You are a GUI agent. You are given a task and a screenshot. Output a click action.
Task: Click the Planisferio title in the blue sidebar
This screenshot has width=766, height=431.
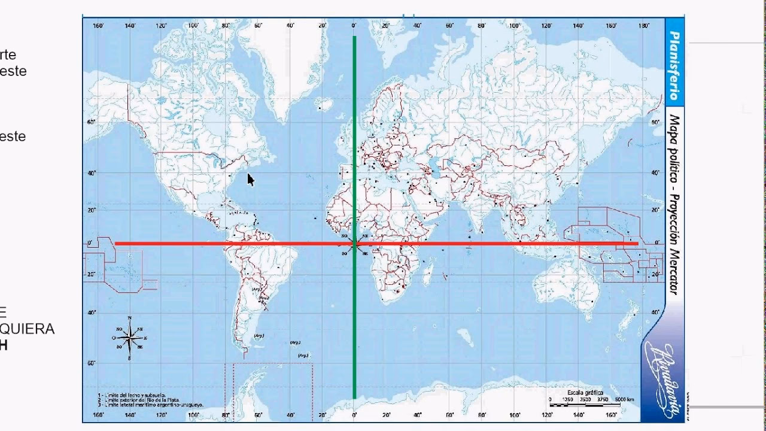pos(674,66)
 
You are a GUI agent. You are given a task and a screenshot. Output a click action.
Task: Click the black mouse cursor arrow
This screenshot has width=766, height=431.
pos(250,180)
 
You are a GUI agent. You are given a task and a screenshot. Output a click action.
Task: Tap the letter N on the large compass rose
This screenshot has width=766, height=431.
pos(130,318)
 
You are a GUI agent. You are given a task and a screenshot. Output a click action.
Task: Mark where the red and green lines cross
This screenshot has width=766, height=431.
pos(355,244)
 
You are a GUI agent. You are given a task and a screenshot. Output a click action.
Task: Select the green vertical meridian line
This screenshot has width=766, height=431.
pos(355,150)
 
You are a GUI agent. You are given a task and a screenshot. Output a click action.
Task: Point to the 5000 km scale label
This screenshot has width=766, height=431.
pos(625,399)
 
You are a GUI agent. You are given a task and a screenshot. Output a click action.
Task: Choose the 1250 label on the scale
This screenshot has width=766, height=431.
pos(568,399)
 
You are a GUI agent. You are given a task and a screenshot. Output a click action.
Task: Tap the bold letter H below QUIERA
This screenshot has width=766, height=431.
pos(4,345)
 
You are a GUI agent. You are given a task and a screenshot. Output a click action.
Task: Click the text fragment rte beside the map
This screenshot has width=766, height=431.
pos(8,55)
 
